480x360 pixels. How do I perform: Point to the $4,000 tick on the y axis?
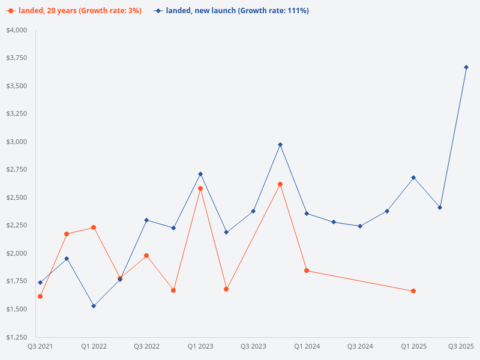(16, 30)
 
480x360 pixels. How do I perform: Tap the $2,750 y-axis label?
(16, 170)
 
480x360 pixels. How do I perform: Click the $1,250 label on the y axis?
(16, 337)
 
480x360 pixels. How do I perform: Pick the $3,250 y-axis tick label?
(16, 114)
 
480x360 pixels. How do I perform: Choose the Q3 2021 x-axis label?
(40, 347)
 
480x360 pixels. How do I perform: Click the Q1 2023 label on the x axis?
(200, 347)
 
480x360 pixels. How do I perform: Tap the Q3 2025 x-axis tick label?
(461, 347)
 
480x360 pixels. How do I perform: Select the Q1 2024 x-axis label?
(307, 347)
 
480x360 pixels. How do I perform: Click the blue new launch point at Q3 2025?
(466, 67)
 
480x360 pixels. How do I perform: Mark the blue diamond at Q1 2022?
(94, 306)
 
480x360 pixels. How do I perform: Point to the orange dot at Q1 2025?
(413, 291)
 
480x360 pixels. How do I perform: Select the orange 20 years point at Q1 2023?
(200, 188)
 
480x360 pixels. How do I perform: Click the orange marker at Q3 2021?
(40, 296)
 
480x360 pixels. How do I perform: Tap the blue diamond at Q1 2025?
(413, 178)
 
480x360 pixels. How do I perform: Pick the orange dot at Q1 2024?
(307, 271)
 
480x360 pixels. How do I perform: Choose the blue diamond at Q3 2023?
(253, 211)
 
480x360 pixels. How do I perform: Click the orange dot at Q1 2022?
(94, 227)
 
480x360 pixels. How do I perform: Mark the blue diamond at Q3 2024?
(360, 226)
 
